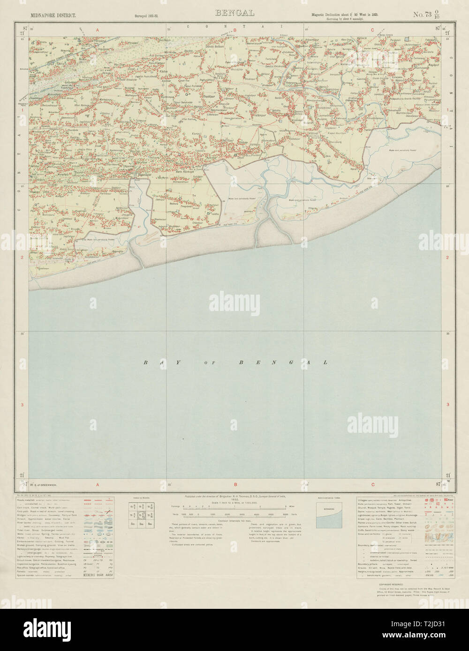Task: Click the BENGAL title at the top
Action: coord(234,13)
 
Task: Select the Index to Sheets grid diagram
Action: coord(141,513)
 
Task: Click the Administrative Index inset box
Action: coord(329,515)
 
